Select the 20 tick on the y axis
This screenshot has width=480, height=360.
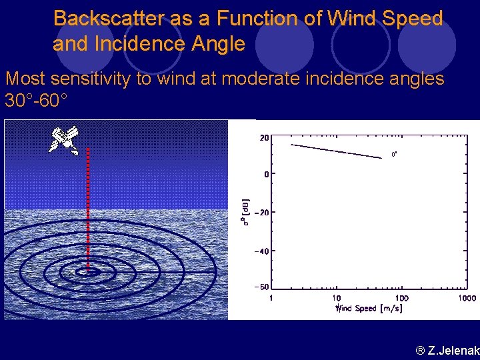(264, 138)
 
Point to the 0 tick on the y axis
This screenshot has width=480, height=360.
(266, 174)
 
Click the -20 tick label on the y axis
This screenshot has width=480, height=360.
(262, 213)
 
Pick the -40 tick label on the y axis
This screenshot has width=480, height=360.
(262, 251)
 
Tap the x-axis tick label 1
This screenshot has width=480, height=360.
(271, 299)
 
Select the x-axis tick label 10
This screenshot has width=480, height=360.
(337, 299)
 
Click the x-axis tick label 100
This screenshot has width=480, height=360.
(402, 299)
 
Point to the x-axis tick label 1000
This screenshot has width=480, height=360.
(467, 299)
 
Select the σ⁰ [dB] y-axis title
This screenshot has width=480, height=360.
(245, 212)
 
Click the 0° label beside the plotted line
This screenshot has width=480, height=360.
(394, 154)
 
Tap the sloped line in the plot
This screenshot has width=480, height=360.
(335, 151)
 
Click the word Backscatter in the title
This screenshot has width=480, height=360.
(108, 19)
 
